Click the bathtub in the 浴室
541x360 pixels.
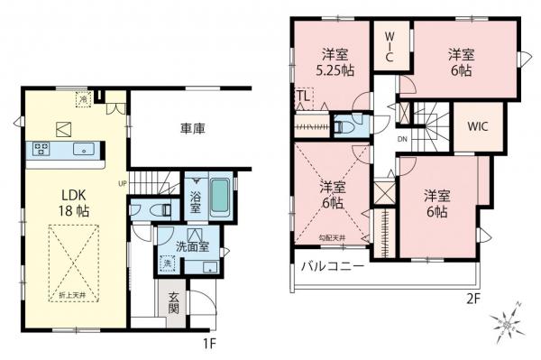click(x=222, y=198)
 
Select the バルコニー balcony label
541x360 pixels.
click(x=333, y=268)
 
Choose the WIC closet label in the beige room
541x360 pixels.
click(x=477, y=126)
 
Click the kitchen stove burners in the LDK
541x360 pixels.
click(x=42, y=149)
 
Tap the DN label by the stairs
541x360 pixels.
click(x=402, y=139)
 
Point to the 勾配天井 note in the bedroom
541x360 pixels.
click(x=333, y=236)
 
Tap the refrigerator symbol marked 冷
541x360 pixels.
click(x=84, y=99)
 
